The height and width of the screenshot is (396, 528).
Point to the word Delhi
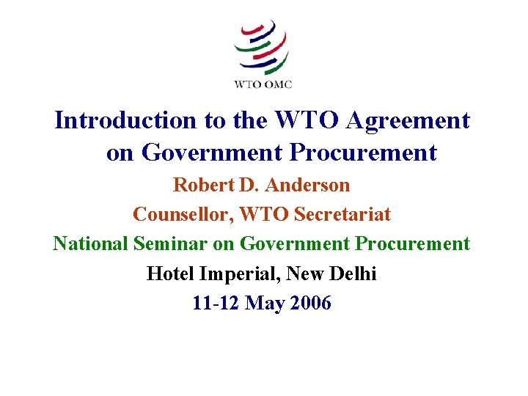tap(353, 274)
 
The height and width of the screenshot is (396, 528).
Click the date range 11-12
tap(217, 303)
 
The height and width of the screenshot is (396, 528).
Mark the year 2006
tap(310, 303)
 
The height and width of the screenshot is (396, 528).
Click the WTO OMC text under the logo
tap(263, 84)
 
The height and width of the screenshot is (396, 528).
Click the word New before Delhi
tap(307, 274)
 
